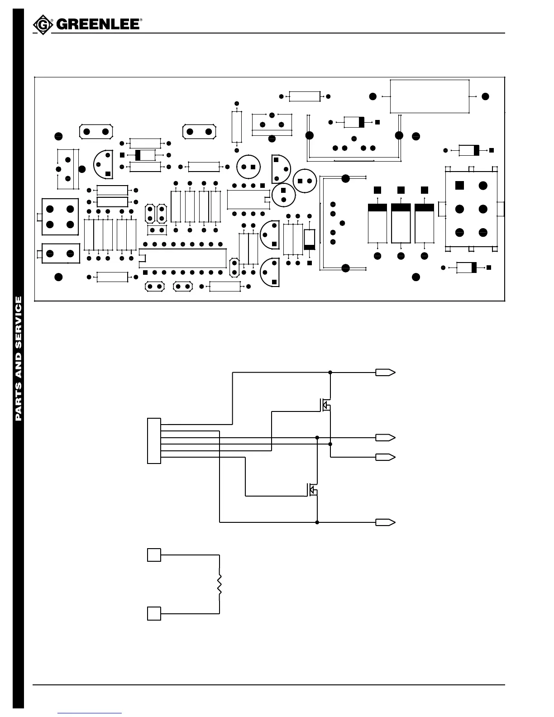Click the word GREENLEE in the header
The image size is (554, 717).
click(x=97, y=24)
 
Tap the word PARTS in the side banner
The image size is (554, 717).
click(x=19, y=402)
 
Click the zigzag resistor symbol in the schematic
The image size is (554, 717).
click(x=220, y=584)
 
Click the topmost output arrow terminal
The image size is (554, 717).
click(x=385, y=373)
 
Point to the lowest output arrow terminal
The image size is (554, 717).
click(x=385, y=522)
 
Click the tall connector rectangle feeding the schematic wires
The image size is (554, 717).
click(x=154, y=441)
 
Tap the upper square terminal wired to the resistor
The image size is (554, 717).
click(x=154, y=554)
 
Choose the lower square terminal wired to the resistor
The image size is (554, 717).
click(x=154, y=613)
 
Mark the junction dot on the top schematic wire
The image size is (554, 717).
click(x=330, y=373)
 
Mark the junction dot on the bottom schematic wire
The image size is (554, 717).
click(x=317, y=522)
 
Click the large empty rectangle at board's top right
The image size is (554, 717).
click(x=429, y=96)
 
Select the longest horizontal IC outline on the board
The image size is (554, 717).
click(x=183, y=258)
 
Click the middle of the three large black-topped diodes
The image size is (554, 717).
click(x=401, y=224)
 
